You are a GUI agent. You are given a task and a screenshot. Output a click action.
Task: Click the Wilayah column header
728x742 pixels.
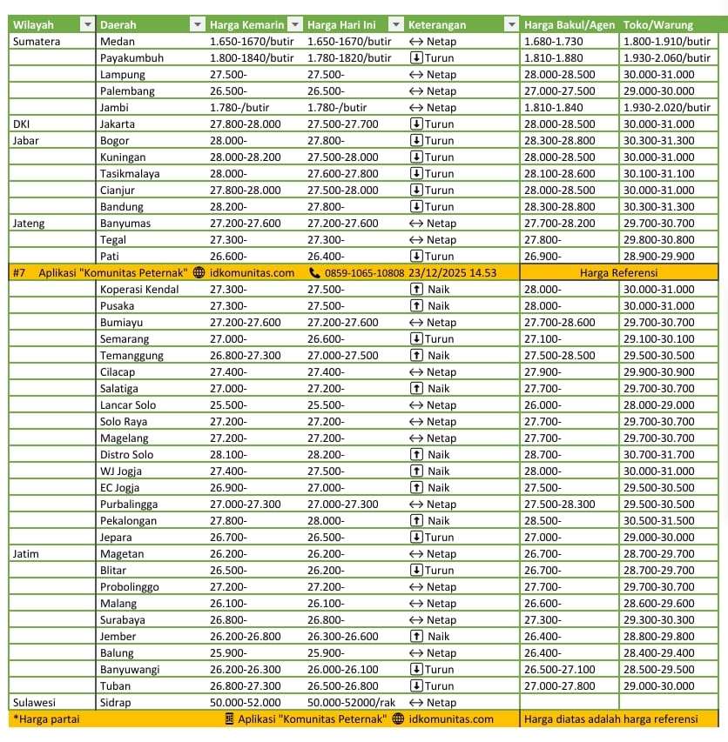[35, 24]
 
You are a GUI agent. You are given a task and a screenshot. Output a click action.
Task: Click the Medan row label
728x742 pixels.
[117, 41]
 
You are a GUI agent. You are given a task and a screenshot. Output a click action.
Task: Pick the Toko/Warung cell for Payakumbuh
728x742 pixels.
[667, 57]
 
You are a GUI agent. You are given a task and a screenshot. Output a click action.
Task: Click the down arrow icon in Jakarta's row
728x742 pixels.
[416, 124]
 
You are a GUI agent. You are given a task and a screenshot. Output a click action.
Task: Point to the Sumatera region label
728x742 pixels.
[37, 41]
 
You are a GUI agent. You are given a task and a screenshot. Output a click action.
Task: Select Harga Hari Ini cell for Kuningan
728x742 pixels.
[343, 157]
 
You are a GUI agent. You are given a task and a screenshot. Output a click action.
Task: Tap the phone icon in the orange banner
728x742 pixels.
[315, 272]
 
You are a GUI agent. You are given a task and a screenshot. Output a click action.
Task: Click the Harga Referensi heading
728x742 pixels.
[618, 272]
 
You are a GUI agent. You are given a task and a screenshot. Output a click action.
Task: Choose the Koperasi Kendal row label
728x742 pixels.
[139, 289]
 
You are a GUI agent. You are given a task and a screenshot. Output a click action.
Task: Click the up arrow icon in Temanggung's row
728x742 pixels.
[416, 355]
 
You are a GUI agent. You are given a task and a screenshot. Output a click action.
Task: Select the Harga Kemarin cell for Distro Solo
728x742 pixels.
[228, 454]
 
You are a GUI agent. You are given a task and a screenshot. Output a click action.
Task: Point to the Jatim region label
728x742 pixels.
[27, 553]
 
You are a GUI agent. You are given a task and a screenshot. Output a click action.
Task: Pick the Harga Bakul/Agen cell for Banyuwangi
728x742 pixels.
[560, 669]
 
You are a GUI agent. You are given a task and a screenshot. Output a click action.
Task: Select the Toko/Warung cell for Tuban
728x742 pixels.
[659, 685]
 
